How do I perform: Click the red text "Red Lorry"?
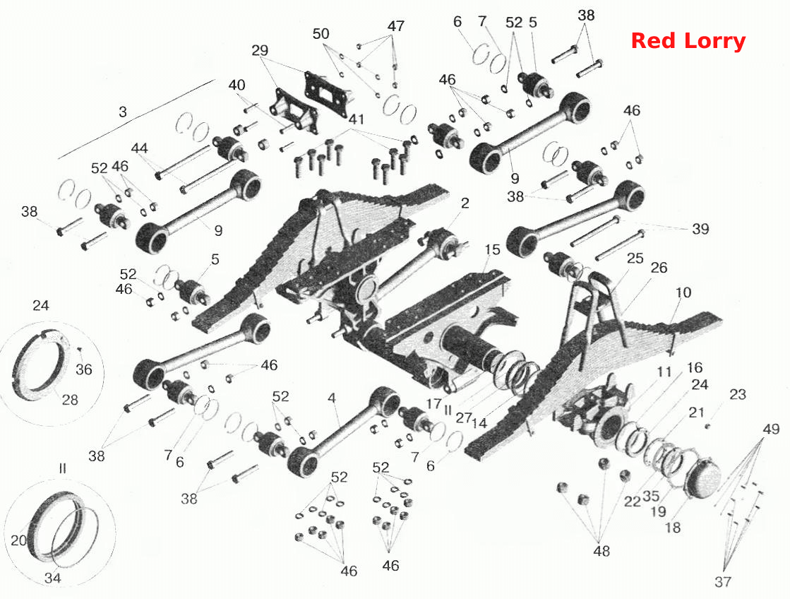click(688, 42)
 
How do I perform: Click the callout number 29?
click(260, 50)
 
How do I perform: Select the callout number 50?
click(321, 34)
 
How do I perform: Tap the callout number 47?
click(396, 25)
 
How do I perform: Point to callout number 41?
click(357, 119)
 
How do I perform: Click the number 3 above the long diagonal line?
click(123, 112)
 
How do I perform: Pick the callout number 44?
click(140, 148)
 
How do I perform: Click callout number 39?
click(700, 229)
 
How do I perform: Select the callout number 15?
click(492, 249)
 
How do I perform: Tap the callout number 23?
click(738, 394)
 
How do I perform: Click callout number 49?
click(771, 429)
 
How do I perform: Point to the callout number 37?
click(723, 581)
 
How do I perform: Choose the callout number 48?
click(602, 551)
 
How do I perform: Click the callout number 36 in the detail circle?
click(83, 369)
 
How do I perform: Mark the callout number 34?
click(53, 578)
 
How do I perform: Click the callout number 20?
click(18, 540)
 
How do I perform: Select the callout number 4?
click(332, 398)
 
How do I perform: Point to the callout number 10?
click(683, 292)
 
